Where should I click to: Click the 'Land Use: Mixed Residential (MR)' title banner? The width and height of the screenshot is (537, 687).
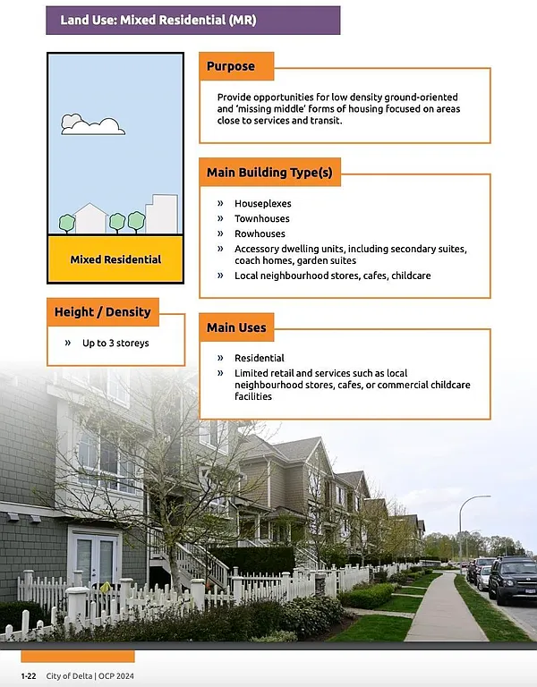(192, 20)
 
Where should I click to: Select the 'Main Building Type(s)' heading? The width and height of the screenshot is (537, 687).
(269, 173)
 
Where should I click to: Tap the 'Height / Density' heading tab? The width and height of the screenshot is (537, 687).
(102, 312)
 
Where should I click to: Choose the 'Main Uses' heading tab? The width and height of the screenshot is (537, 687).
(236, 327)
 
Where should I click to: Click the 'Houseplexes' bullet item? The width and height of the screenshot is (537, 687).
(262, 204)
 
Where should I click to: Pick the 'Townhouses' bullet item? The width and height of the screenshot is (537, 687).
(262, 218)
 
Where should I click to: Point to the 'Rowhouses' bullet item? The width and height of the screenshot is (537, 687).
(260, 233)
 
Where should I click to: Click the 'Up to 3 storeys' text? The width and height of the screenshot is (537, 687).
(115, 343)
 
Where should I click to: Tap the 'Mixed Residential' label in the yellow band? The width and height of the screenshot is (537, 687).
(115, 259)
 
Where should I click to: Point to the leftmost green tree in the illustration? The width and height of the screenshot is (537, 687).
(67, 222)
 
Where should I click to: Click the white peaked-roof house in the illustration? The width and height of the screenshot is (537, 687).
(90, 219)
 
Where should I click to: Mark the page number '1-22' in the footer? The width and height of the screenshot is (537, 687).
(29, 675)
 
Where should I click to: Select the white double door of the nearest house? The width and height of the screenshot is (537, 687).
(94, 556)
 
